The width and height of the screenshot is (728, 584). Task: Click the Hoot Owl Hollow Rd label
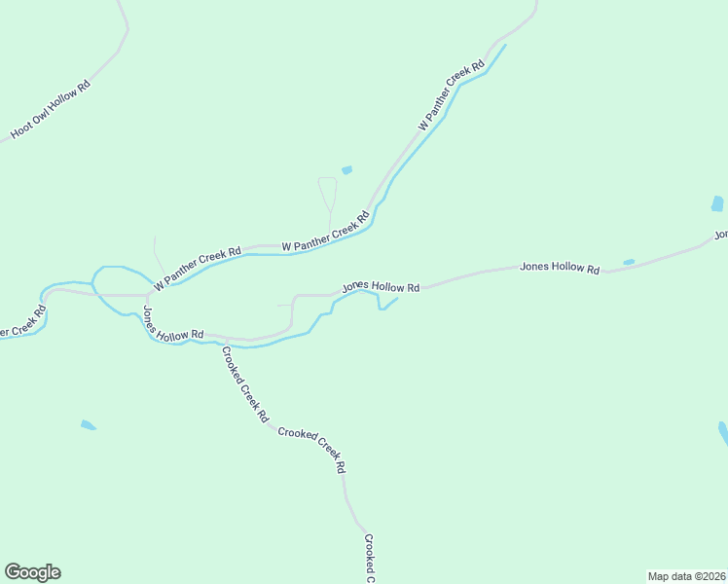click(51, 109)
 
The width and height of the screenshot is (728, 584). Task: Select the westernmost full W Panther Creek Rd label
click(196, 265)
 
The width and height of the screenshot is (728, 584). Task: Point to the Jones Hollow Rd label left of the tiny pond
click(560, 267)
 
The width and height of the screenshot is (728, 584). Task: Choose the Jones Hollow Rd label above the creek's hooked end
click(381, 288)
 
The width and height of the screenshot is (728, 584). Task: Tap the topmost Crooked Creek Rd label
click(245, 384)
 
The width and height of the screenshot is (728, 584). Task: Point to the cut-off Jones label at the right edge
click(721, 235)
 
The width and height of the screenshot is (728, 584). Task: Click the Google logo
click(32, 572)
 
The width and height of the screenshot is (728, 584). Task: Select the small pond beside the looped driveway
click(346, 169)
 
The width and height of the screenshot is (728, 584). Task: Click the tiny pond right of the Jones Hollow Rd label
click(629, 262)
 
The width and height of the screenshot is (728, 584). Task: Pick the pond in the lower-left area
click(88, 425)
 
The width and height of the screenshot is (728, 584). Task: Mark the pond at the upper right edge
click(717, 204)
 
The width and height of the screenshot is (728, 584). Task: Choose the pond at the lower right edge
click(723, 434)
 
